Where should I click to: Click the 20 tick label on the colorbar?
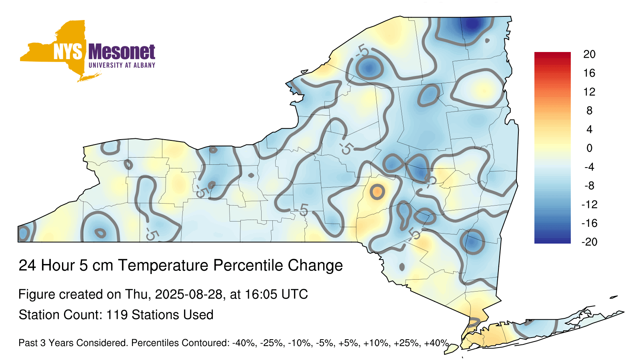(589, 54)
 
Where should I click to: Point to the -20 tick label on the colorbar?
(589, 242)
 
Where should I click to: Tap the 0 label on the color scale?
(589, 148)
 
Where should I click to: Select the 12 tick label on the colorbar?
(589, 92)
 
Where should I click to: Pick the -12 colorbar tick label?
(589, 204)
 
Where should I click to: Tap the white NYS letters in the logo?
(68, 52)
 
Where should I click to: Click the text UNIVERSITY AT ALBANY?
(122, 65)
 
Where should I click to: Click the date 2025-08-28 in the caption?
(188, 294)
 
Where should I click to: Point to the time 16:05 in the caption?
(260, 294)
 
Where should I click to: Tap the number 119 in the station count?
(117, 314)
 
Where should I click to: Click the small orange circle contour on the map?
(377, 192)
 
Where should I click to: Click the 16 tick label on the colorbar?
(589, 73)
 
